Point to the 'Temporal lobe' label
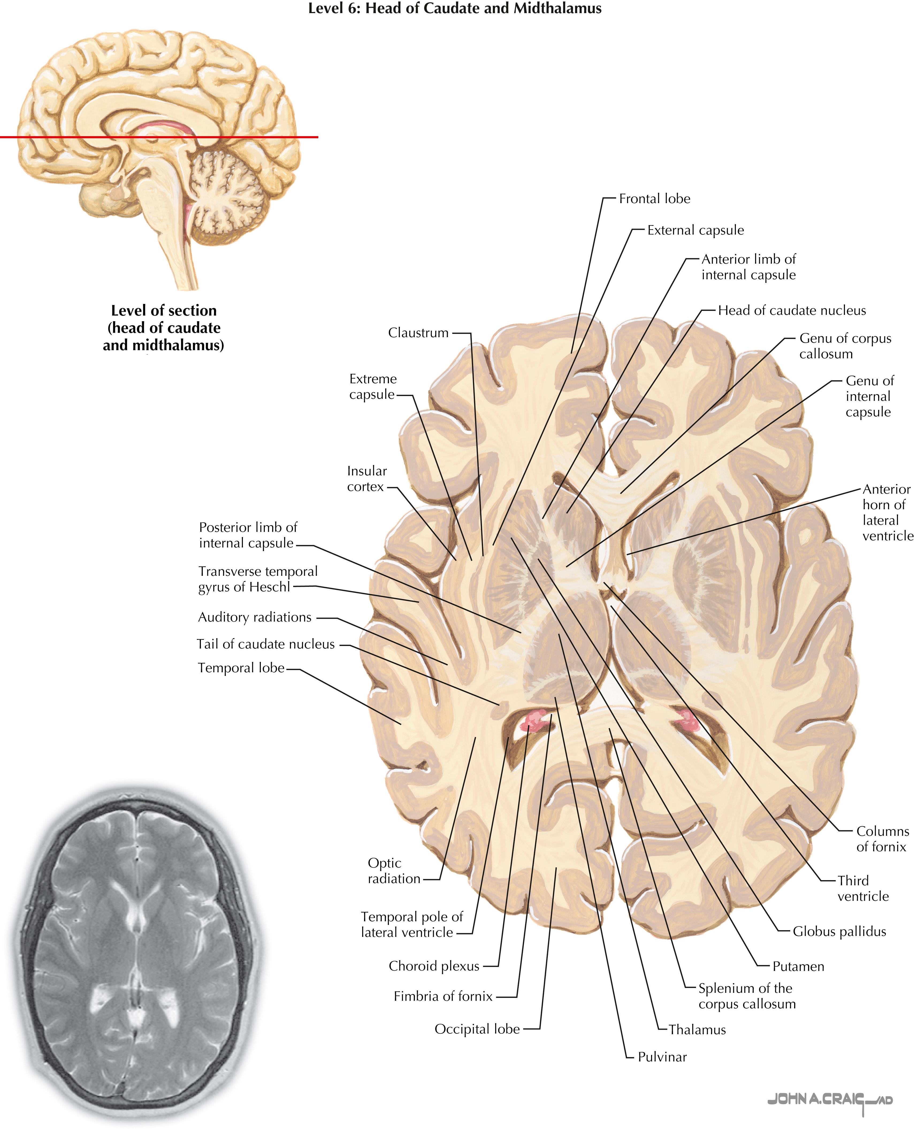tap(241, 668)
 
